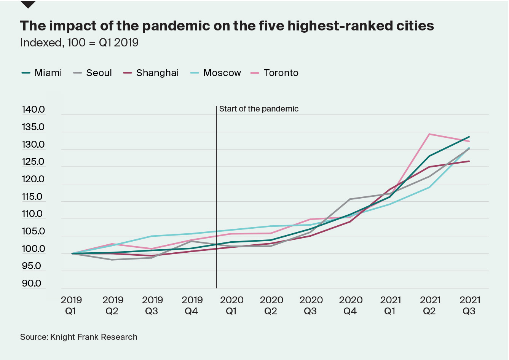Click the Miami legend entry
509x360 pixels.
pyautogui.click(x=48, y=73)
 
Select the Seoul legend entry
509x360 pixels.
pyautogui.click(x=99, y=73)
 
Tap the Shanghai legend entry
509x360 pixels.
pyautogui.click(x=157, y=73)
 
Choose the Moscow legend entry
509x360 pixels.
pyautogui.click(x=222, y=73)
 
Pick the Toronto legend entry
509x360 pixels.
pyautogui.click(x=281, y=73)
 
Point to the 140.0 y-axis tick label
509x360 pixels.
pyautogui.click(x=33, y=110)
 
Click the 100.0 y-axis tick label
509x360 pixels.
pyautogui.click(x=33, y=249)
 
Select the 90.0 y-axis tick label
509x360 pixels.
pyautogui.click(x=32, y=284)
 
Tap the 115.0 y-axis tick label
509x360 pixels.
pyautogui.click(x=32, y=197)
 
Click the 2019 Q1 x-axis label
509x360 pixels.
pyautogui.click(x=71, y=306)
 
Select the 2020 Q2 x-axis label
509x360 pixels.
pyautogui.click(x=271, y=306)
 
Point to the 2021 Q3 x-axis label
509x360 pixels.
pyautogui.click(x=470, y=306)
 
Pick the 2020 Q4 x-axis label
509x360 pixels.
pyautogui.click(x=351, y=306)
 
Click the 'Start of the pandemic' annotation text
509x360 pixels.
pyautogui.click(x=259, y=109)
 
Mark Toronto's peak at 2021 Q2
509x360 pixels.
pyautogui.click(x=429, y=134)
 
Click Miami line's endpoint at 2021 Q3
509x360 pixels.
pyautogui.click(x=469, y=137)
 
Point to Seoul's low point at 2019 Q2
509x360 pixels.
pyautogui.click(x=112, y=260)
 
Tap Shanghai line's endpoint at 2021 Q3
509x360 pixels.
pyautogui.click(x=469, y=161)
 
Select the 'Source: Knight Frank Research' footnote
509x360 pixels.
pyautogui.click(x=79, y=337)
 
